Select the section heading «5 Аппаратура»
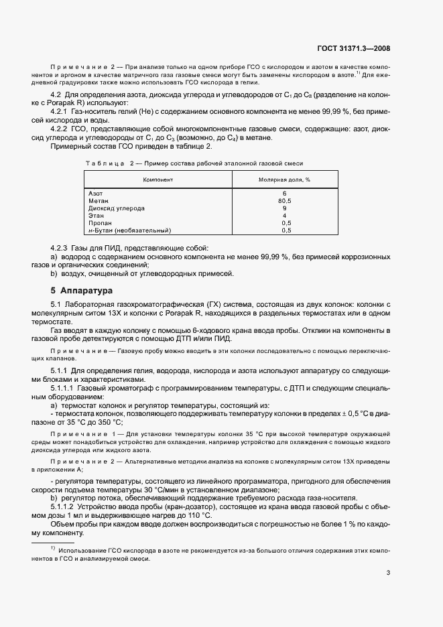pyautogui.click(x=82, y=291)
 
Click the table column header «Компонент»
pyautogui.click(x=157, y=180)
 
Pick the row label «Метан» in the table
pyautogui.click(x=98, y=200)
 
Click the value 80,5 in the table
pyautogui.click(x=285, y=200)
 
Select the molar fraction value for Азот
pyautogui.click(x=285, y=193)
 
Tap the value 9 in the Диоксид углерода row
pyautogui.click(x=285, y=208)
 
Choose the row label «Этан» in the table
pyautogui.click(x=96, y=215)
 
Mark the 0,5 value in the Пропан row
pyautogui.click(x=286, y=222)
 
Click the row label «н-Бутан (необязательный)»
pyautogui.click(x=129, y=230)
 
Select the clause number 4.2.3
pyautogui.click(x=62, y=248)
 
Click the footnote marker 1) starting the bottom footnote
pyautogui.click(x=52, y=549)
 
